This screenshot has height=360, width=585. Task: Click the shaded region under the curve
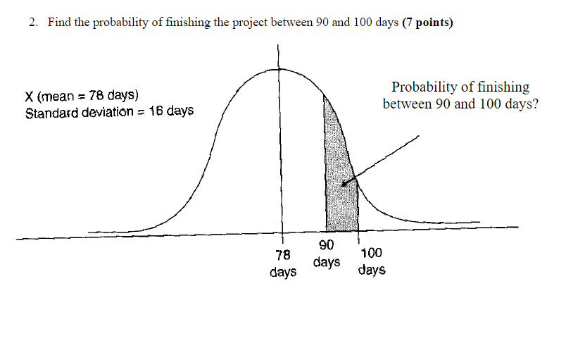[x=338, y=183]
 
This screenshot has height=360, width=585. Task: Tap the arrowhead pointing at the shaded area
[x=346, y=184]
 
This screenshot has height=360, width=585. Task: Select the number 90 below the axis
[x=326, y=246]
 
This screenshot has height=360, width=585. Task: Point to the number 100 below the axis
[x=371, y=254]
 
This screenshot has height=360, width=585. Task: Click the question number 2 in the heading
[x=32, y=23]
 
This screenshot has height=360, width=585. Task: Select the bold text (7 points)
[x=428, y=23]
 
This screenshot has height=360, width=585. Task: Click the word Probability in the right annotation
[x=424, y=87]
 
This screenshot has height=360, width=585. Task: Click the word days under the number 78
[x=283, y=272]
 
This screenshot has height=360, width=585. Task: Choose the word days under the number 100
[x=371, y=270]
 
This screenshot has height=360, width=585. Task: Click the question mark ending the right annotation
[x=535, y=104]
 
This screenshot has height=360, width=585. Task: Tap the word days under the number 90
[x=327, y=262]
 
